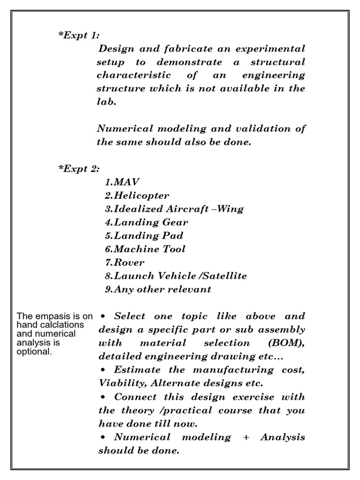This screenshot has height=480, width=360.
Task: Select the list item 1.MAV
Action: point(122,182)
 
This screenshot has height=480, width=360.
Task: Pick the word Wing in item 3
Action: point(230,209)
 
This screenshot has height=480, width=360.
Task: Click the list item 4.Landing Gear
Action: point(146,222)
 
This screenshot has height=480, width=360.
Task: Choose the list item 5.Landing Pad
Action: point(144,235)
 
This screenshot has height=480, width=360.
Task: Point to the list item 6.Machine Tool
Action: point(145,249)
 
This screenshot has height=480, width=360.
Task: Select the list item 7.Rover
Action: point(125,262)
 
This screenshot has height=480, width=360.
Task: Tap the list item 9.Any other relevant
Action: point(158,289)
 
